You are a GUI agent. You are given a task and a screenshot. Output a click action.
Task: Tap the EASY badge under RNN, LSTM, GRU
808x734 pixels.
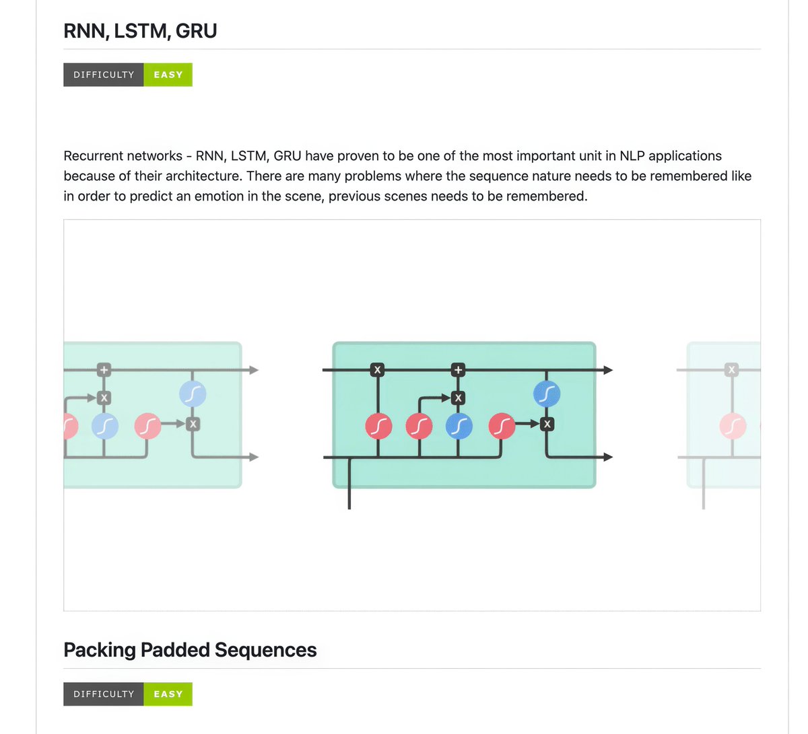coord(168,75)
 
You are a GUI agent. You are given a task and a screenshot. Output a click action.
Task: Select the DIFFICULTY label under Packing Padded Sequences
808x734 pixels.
coord(104,694)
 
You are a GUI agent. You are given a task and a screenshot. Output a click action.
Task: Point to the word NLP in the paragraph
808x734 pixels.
coord(630,156)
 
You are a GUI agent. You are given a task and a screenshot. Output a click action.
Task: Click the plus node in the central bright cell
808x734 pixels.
coord(459,369)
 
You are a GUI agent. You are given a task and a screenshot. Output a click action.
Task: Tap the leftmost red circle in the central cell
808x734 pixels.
coord(378,426)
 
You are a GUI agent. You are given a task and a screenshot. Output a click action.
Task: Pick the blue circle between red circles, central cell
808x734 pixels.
coord(459,426)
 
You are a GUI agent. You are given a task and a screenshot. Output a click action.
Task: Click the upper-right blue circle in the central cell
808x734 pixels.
coord(547,394)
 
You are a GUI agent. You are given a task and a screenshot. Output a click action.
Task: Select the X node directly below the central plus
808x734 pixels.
coord(459,398)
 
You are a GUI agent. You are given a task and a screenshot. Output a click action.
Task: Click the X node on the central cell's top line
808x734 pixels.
coord(377,369)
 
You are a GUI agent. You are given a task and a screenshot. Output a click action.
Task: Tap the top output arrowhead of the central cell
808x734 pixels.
coord(608,370)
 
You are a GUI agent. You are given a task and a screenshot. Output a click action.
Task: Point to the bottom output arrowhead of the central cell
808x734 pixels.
coord(608,457)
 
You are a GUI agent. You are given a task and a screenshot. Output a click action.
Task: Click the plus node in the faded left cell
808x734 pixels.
coord(104,369)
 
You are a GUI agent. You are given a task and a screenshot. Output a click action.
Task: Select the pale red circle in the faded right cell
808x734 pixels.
coord(733,426)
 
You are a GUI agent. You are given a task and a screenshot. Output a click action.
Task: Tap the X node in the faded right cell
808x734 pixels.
coord(731,369)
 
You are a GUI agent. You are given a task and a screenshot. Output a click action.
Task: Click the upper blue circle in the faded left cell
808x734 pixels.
coord(193,394)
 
